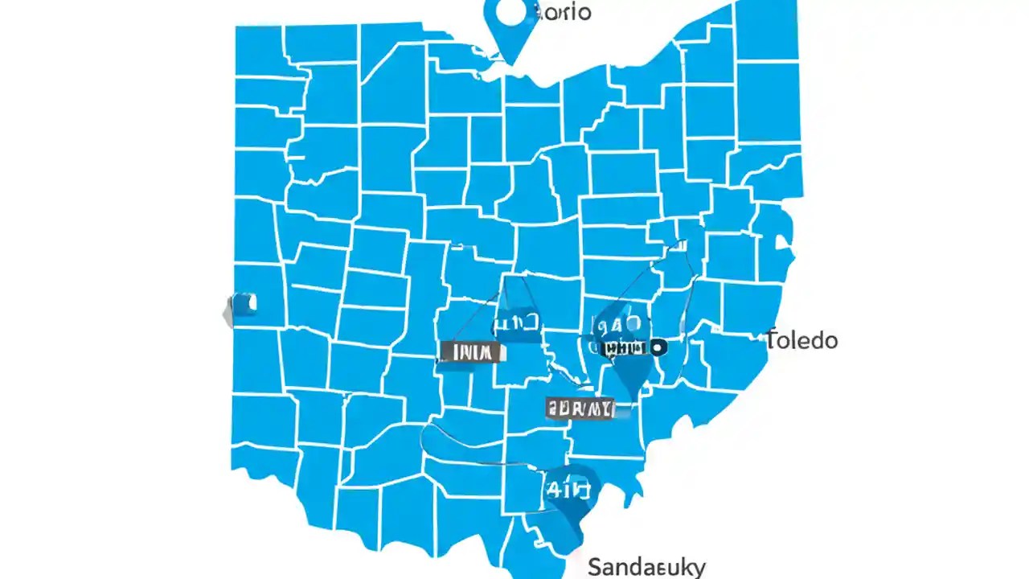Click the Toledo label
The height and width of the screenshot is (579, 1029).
[x=801, y=340]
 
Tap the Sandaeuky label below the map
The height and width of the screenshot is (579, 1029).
[x=646, y=567]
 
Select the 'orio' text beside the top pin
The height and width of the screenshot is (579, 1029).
[x=564, y=12]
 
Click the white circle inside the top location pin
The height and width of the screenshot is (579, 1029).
[x=510, y=12]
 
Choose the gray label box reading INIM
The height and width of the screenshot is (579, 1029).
[x=470, y=351]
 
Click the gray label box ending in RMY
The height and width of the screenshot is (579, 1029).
[x=580, y=408]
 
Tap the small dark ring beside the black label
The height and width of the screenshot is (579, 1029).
[x=658, y=347]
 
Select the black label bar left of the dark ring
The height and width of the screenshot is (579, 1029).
[x=625, y=348]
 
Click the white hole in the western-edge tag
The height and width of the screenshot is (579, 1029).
[x=250, y=303]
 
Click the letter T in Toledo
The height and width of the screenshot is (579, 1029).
[x=772, y=339]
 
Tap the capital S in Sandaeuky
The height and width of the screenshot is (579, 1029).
[x=596, y=567]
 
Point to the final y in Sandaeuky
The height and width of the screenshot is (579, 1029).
[x=699, y=569]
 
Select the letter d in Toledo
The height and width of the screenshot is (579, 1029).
[x=815, y=340]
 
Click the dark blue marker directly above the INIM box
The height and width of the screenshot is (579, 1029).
[x=514, y=321]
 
